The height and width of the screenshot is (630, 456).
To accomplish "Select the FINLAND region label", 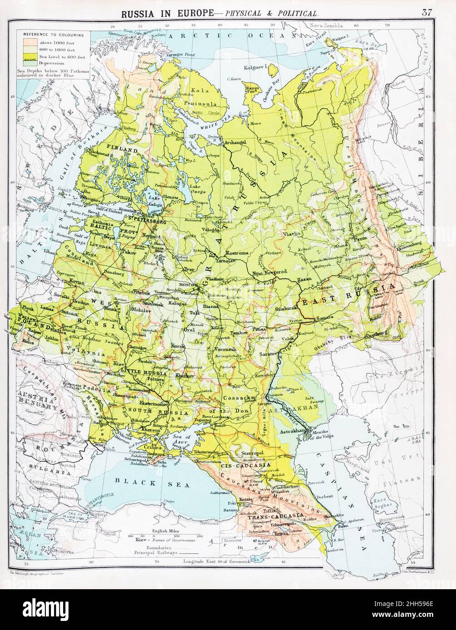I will click(x=122, y=148).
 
